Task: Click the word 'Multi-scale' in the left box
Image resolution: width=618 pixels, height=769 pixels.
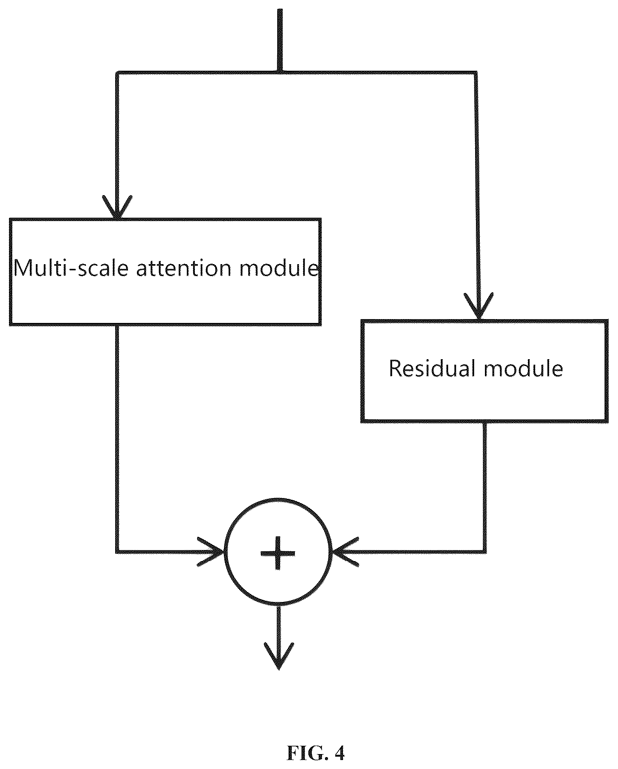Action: [x=71, y=268]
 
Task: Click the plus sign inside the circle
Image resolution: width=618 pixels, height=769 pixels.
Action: [x=278, y=553]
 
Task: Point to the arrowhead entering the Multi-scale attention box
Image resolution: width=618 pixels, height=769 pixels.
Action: [x=117, y=207]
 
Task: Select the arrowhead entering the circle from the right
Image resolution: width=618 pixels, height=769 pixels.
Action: [x=345, y=552]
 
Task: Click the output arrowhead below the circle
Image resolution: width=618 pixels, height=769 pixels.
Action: [x=279, y=656]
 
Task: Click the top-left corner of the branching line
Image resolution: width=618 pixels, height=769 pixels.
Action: [x=117, y=73]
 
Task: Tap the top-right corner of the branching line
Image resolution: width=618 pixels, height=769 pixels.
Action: [x=476, y=73]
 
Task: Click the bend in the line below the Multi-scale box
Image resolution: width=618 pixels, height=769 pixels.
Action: [x=117, y=552]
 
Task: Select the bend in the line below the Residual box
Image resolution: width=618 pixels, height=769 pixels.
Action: [x=485, y=552]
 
